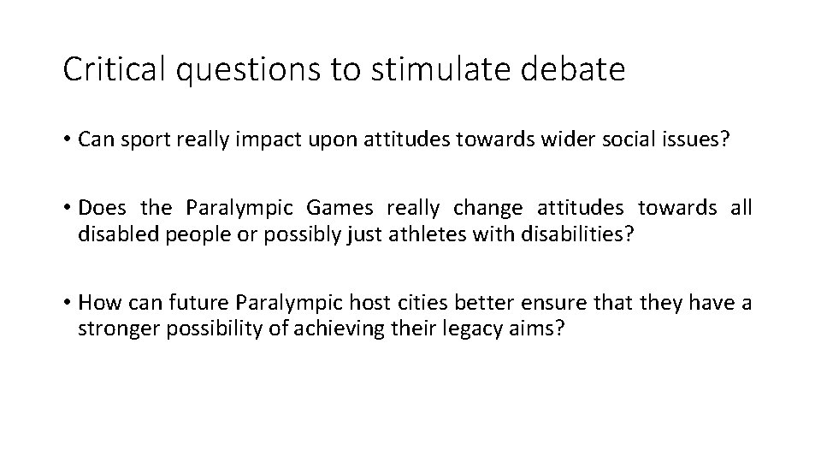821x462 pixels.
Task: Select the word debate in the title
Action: tap(583, 70)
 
